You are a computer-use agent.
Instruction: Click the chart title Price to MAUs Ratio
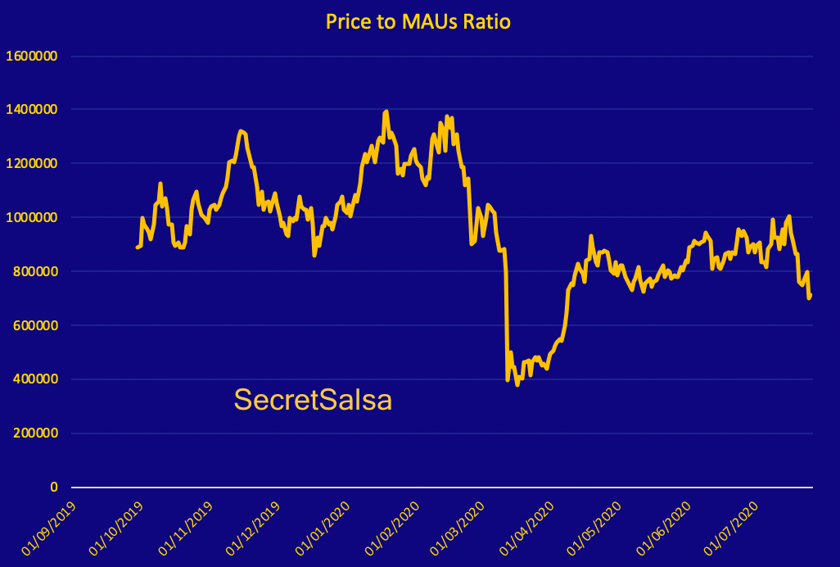pyautogui.click(x=418, y=21)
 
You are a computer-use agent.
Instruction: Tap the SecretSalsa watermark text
pyautogui.click(x=313, y=400)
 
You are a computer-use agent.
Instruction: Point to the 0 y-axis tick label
pyautogui.click(x=54, y=488)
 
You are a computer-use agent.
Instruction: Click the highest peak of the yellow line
pyautogui.click(x=386, y=111)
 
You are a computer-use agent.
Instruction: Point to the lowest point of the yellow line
pyautogui.click(x=517, y=384)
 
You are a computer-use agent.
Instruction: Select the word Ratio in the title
pyautogui.click(x=486, y=21)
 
